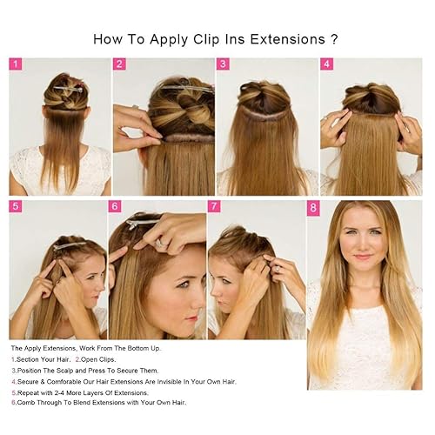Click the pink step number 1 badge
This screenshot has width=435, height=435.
[x=16, y=64]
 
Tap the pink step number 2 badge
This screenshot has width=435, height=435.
[x=120, y=64]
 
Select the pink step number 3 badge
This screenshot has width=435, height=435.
[x=223, y=64]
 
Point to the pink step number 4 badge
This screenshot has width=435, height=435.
[x=326, y=64]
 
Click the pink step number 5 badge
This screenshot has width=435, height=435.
[x=16, y=207]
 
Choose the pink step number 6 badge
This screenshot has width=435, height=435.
[x=115, y=207]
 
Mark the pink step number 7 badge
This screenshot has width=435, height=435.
[x=214, y=207]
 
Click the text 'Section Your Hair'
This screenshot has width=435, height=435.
[x=43, y=358]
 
